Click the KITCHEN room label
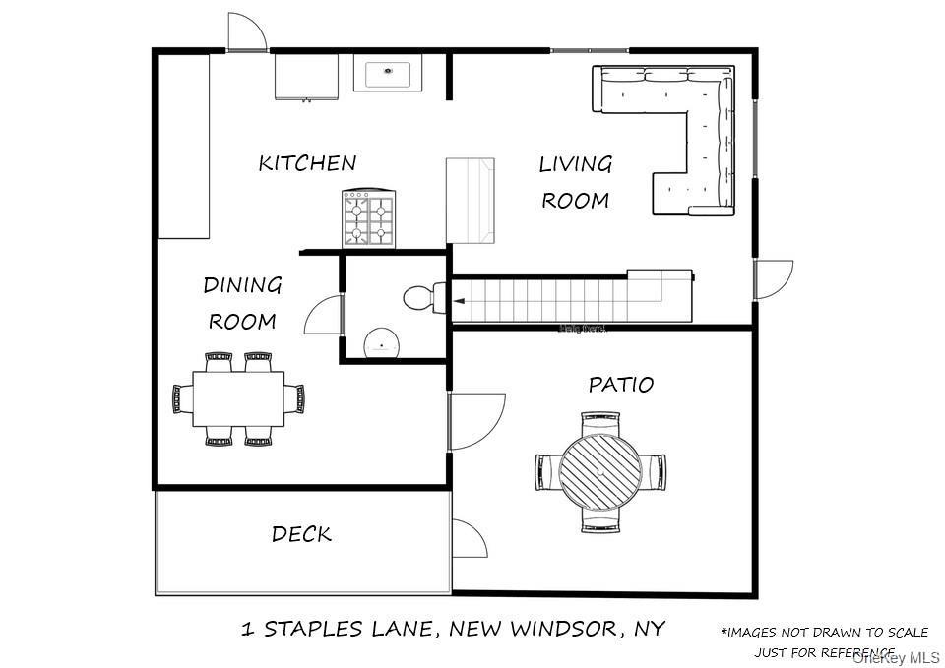point(307,163)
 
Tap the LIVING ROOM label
point(576,182)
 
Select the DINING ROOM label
point(242,303)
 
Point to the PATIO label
point(620,385)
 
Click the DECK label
point(301,535)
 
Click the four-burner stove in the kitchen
point(368,218)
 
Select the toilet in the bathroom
point(424,297)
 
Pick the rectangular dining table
point(238,398)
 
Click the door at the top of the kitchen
point(247,33)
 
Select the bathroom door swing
point(323,318)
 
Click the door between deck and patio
point(470,539)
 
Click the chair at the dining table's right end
point(295,398)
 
